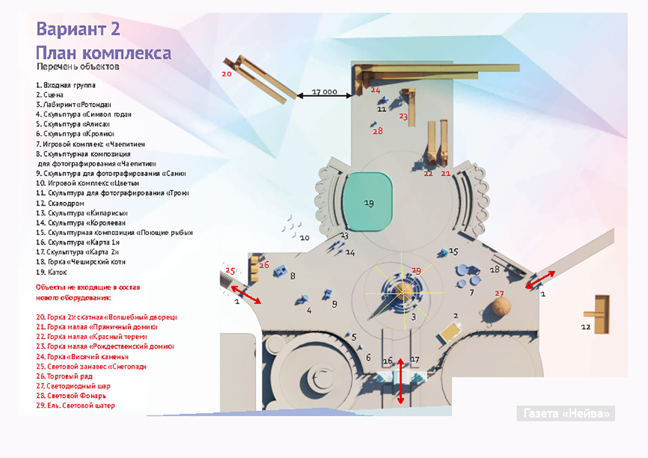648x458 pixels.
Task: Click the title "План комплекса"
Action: (104, 53)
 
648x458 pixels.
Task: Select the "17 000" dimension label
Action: (324, 92)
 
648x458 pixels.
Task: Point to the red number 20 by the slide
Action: (227, 74)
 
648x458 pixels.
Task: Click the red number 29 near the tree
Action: (416, 270)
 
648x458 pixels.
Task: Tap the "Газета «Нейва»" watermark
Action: (566, 414)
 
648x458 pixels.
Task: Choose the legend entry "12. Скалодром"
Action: (60, 203)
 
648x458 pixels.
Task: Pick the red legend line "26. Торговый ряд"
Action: (64, 376)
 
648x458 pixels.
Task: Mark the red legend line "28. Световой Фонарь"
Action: (71, 396)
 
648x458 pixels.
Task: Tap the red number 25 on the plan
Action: (231, 270)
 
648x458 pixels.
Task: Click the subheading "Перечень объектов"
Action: (78, 67)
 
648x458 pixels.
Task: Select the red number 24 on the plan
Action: (375, 90)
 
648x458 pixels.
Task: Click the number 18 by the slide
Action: (494, 270)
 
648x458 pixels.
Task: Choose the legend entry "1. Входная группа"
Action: (65, 85)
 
